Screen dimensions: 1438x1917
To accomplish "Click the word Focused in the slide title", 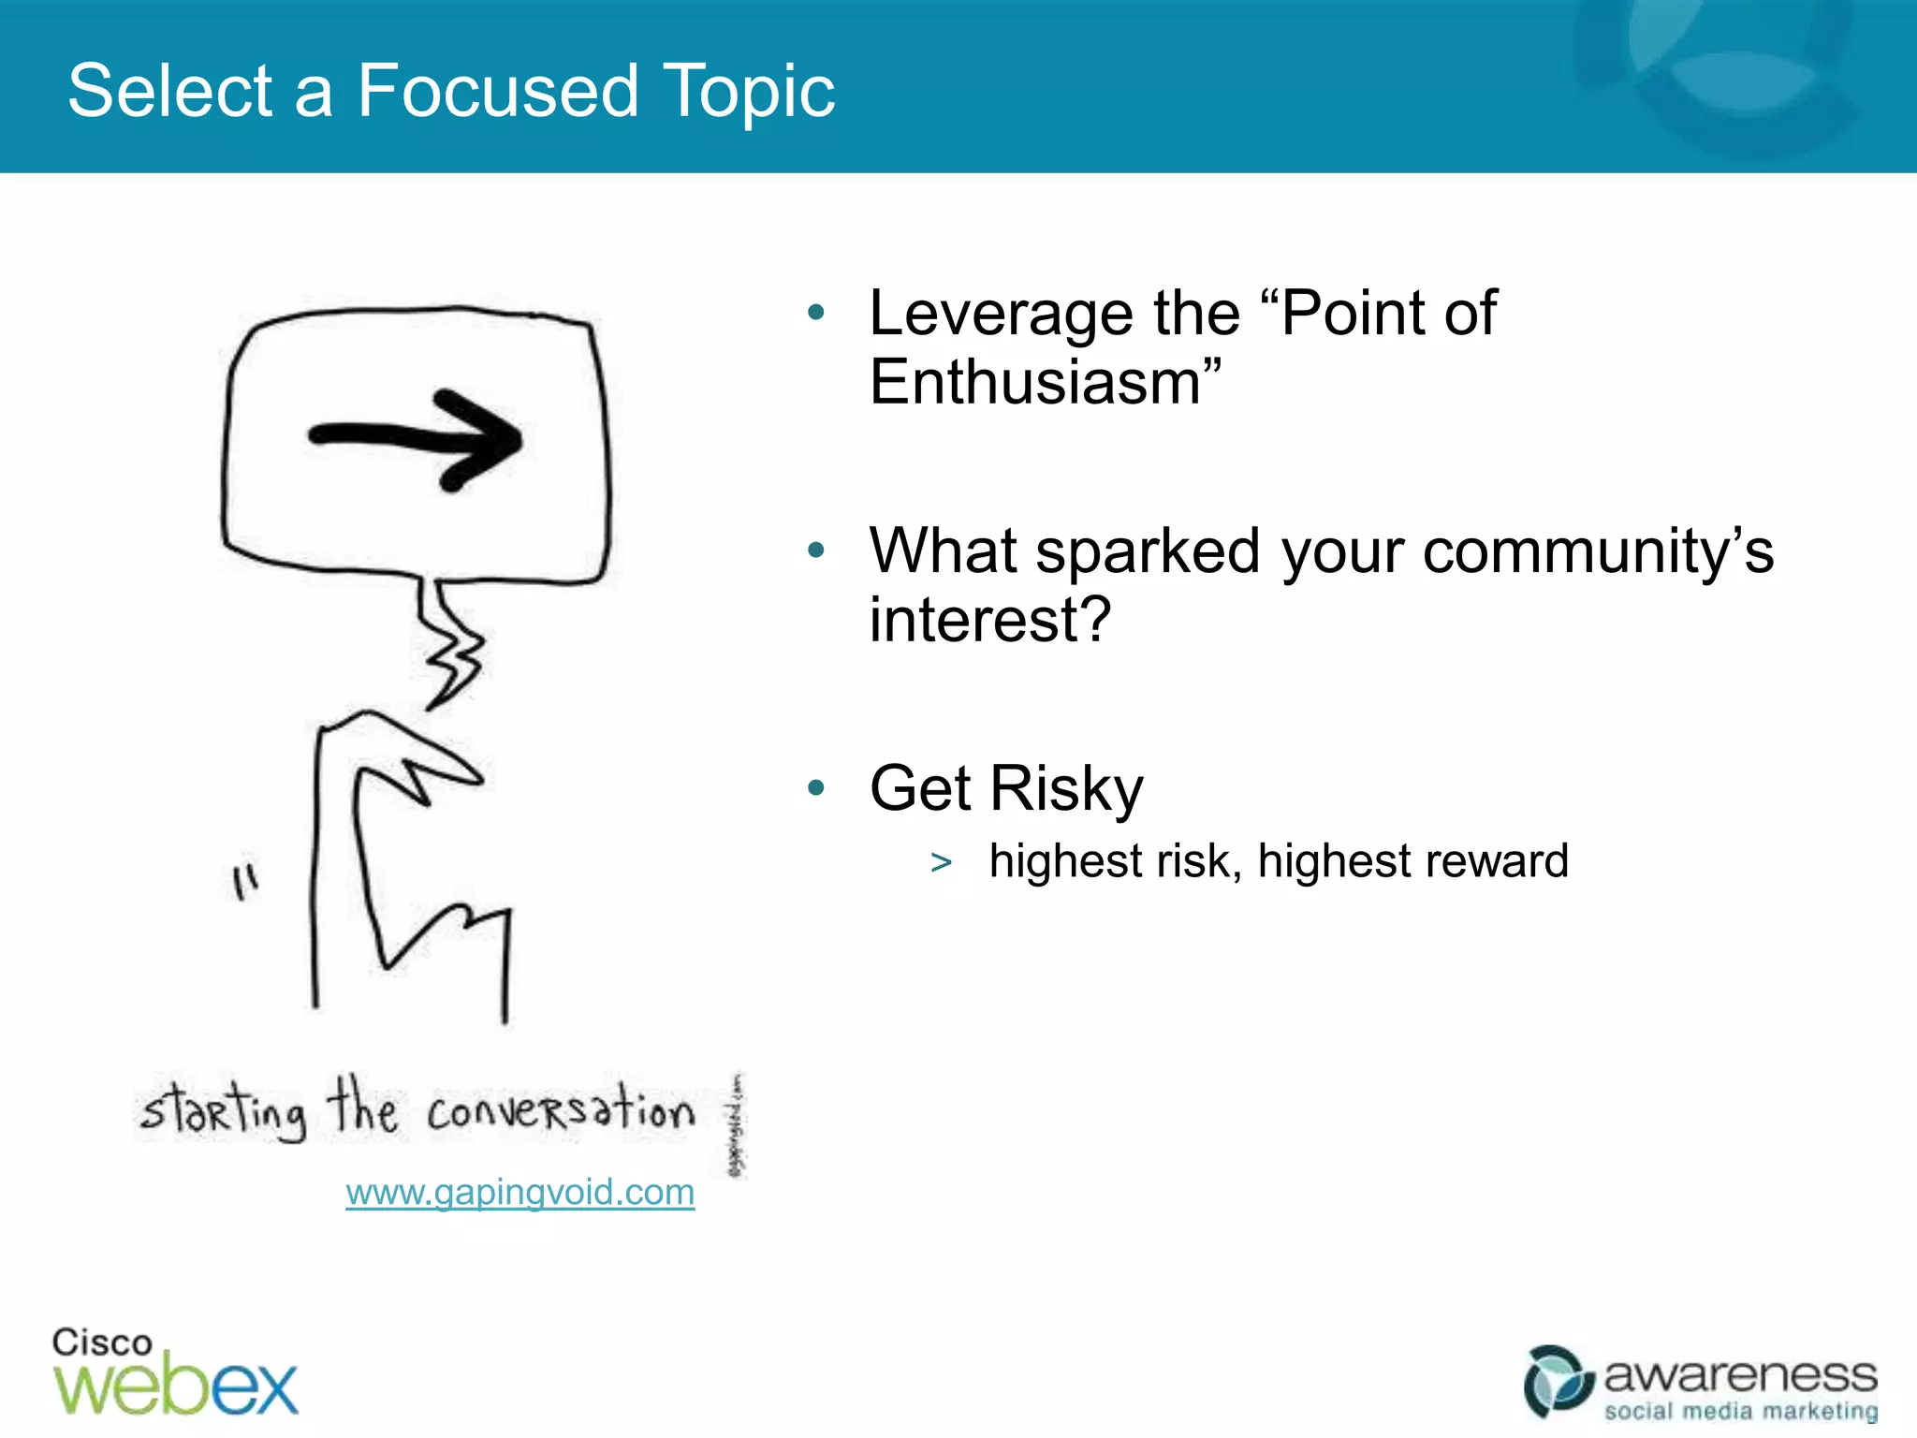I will tap(498, 91).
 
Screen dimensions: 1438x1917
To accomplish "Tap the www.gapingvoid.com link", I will tap(519, 1192).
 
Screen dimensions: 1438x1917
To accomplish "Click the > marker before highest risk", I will tap(941, 862).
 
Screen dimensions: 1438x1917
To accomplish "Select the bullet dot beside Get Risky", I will tap(816, 788).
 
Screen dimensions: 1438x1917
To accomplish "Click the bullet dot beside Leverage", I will tap(816, 313).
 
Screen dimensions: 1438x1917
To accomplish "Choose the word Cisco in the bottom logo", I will tap(101, 1343).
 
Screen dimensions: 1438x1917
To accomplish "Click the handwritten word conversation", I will tap(560, 1111).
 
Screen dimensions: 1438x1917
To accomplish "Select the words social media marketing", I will tap(1740, 1411).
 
